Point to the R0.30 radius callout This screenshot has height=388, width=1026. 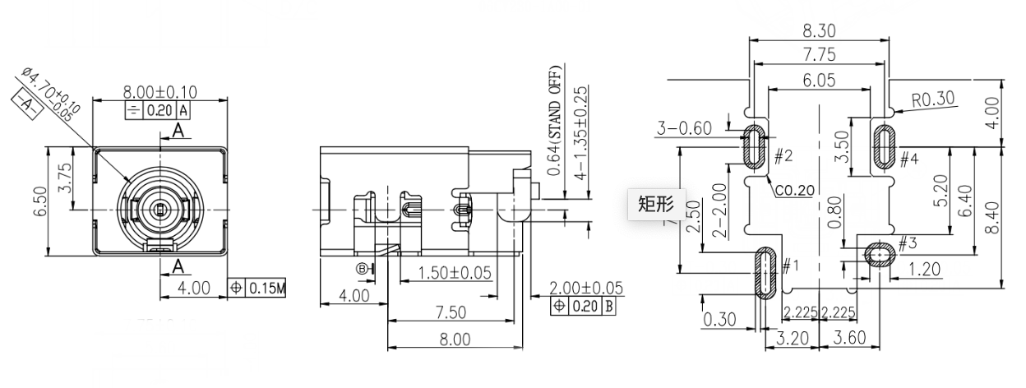pos(933,99)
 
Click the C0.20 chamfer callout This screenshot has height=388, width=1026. pos(794,190)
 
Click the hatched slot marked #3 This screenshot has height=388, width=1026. pos(877,255)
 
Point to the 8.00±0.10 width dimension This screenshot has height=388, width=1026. pos(160,91)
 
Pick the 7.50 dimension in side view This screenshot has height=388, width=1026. pos(451,312)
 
